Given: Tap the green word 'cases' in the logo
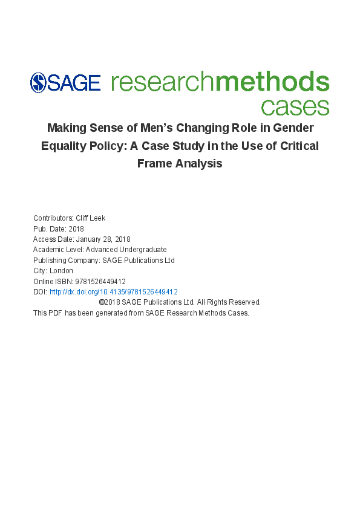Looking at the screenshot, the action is [x=295, y=106].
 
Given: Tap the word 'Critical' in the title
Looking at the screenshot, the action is [x=296, y=146].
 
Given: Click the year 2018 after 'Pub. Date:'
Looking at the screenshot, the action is [x=76, y=229].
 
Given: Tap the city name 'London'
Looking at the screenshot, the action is [x=61, y=271].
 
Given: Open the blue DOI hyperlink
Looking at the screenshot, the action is [x=113, y=291].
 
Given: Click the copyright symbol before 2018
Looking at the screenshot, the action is [x=101, y=302].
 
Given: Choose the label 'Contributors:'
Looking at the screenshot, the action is [x=51, y=218].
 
